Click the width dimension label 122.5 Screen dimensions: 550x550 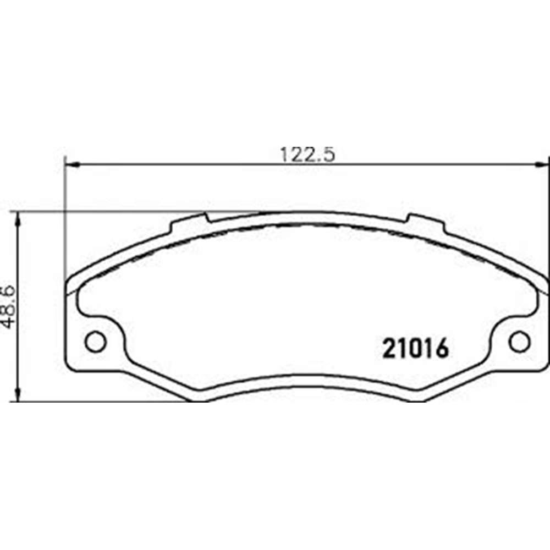coord(307,155)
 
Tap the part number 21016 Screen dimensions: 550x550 coord(416,348)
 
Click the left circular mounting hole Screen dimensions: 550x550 coord(95,342)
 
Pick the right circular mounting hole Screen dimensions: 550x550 coord(520,342)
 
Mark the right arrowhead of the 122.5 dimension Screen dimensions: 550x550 coord(542,163)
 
